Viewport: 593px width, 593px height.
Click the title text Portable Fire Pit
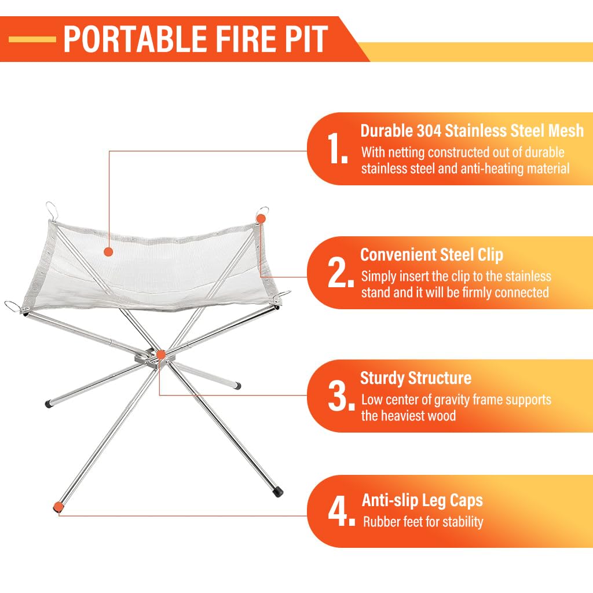click(x=195, y=39)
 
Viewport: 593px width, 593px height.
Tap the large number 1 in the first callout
click(x=338, y=149)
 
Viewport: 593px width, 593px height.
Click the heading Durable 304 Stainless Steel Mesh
click(x=472, y=130)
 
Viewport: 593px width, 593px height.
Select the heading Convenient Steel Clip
click(x=431, y=255)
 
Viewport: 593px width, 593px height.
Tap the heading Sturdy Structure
click(x=415, y=378)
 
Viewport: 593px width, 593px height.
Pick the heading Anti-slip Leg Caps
click(x=422, y=500)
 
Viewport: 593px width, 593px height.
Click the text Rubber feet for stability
click(x=423, y=522)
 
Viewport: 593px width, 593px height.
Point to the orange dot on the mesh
click(x=107, y=251)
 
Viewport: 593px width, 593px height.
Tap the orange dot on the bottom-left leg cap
click(x=58, y=507)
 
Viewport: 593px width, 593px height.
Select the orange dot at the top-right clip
click(x=261, y=218)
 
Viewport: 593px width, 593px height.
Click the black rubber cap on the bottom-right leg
click(x=279, y=492)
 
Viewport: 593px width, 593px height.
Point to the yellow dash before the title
click(x=32, y=39)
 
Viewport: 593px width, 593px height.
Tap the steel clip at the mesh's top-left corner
click(x=52, y=208)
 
